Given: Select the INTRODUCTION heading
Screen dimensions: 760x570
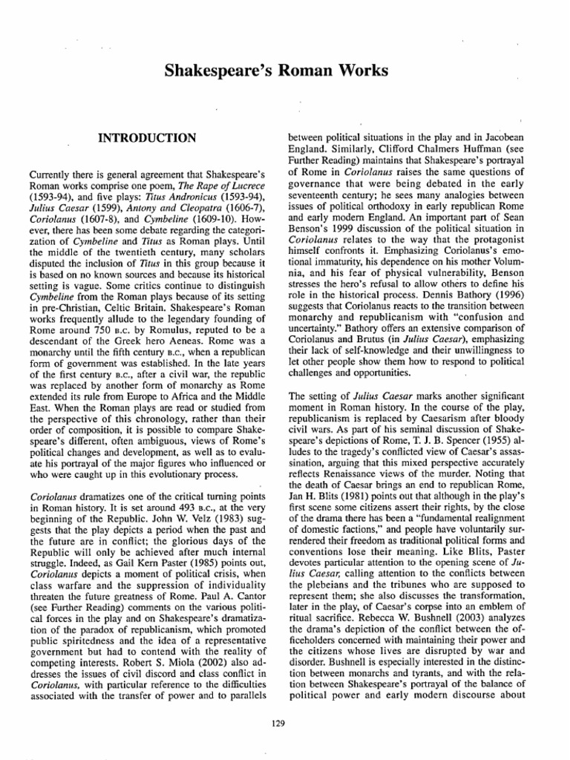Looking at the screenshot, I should (x=147, y=138).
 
